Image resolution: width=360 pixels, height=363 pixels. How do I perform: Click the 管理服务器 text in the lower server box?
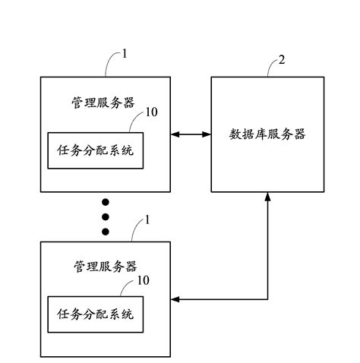pos(106,267)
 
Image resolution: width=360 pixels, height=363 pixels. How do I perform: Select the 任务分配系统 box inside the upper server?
pos(95,150)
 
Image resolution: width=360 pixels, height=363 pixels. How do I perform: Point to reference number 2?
pos(283,59)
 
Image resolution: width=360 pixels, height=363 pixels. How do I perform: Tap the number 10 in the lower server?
pos(143,280)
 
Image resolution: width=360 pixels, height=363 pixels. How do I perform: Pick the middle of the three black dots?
pos(106,216)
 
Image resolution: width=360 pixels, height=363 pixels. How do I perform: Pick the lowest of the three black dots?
pos(106,231)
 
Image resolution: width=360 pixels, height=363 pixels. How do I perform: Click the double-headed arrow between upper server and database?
pos(191,134)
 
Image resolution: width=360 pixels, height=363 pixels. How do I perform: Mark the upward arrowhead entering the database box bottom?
pos(267,197)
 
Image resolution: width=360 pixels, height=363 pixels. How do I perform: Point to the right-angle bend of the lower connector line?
pos(267,299)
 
